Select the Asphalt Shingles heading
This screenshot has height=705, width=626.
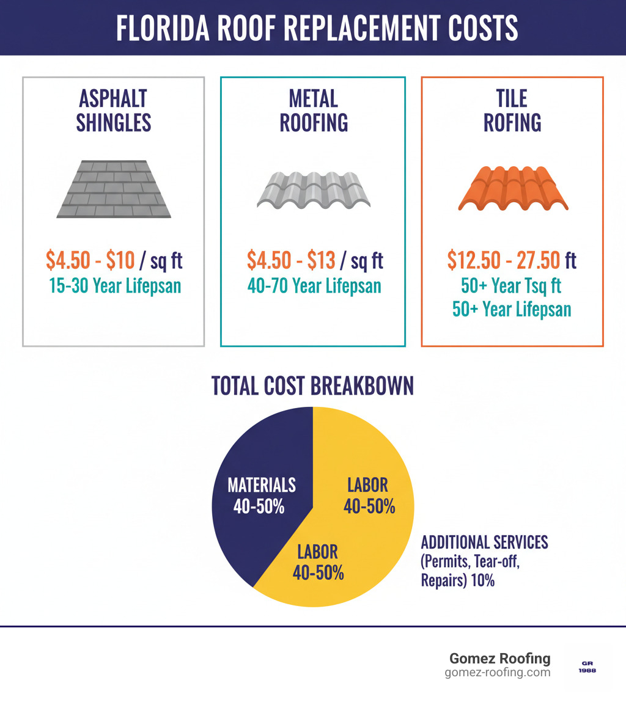coord(113,111)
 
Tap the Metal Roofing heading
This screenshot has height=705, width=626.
coord(314,111)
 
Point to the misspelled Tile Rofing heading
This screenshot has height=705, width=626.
coord(512,111)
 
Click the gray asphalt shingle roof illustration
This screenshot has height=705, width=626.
coord(114,189)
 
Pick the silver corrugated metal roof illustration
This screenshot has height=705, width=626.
coord(313,189)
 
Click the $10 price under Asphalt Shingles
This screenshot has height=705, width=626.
coord(120,261)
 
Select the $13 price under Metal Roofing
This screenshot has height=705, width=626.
coord(321,261)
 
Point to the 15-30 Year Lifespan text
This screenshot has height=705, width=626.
coord(114,285)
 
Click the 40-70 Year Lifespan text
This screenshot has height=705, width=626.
coord(314,285)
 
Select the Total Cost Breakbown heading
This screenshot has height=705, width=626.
coord(312,386)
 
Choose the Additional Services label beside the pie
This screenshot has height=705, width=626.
coord(484,542)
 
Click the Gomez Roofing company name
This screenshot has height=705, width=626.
coord(499,659)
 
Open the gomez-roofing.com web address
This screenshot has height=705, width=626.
coord(497,673)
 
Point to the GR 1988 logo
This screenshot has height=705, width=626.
coord(587,666)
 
